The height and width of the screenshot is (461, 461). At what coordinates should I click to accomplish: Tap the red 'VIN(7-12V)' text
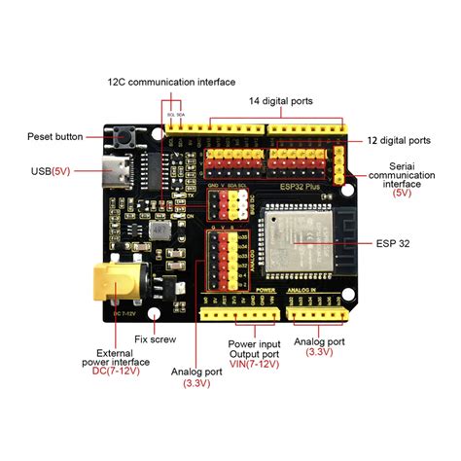tap(255, 365)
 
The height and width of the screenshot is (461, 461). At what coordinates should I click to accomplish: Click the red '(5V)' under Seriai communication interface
tap(401, 194)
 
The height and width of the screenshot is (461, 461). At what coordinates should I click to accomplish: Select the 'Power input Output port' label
tap(255, 348)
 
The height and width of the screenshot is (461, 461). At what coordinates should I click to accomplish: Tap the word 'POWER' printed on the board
tap(266, 289)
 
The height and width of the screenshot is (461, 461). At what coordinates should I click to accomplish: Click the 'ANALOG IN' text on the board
tap(318, 289)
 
